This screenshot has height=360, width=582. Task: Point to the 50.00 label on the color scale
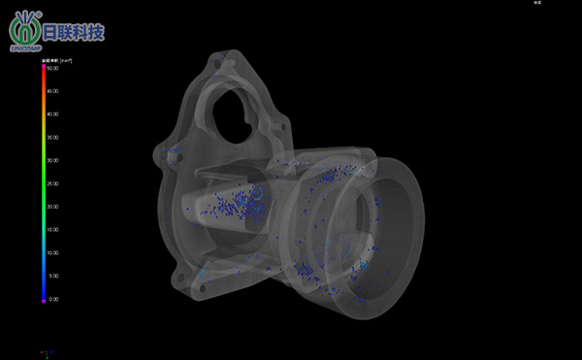[x=53, y=68]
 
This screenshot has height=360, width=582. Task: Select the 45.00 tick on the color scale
[x=53, y=91]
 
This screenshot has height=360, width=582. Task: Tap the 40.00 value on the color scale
[x=53, y=115]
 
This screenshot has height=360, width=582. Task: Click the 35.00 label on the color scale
[x=53, y=138]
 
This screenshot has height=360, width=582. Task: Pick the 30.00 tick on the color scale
[x=53, y=161]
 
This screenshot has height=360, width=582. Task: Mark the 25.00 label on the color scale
[x=53, y=183]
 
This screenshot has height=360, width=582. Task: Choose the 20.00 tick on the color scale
[x=53, y=207]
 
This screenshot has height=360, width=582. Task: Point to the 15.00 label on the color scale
[x=53, y=230]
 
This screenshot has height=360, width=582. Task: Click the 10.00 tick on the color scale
[x=53, y=253]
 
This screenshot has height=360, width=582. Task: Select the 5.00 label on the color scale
[x=53, y=277]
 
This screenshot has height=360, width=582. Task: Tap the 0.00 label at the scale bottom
[x=53, y=300]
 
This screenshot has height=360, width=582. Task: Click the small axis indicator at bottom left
[x=44, y=352]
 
